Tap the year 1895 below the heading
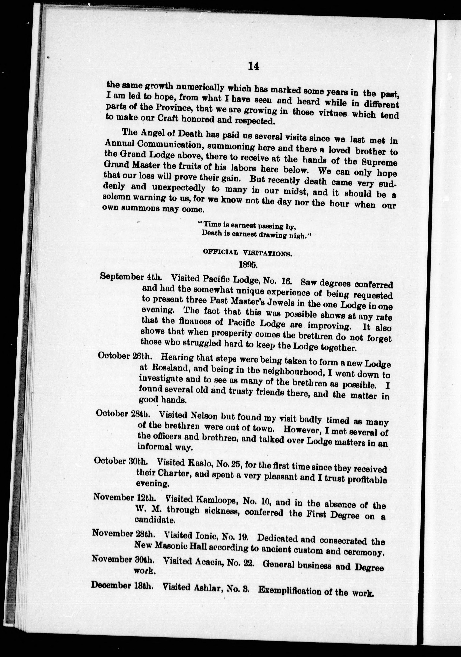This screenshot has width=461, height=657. point(248,264)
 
